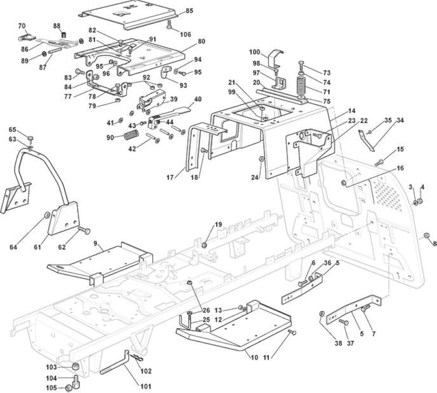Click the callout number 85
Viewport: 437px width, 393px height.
tap(190, 11)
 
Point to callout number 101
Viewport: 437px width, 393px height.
tap(146, 386)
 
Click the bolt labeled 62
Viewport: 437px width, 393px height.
tap(84, 230)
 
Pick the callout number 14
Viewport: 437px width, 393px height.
tap(352, 111)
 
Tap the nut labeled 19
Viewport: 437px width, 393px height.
tap(204, 245)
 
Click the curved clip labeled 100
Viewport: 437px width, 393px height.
tap(276, 58)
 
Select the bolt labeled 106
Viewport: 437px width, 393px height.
tap(170, 24)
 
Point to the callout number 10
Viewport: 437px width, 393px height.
tap(254, 357)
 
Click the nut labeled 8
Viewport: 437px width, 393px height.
tap(426, 235)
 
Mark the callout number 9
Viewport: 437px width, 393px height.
tap(95, 244)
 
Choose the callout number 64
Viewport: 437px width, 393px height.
tap(13, 247)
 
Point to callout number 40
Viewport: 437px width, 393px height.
tap(198, 99)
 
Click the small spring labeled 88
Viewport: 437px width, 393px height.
tap(64, 35)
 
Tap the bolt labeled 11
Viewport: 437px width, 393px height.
tap(292, 332)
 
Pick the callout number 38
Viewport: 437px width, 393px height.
tap(338, 343)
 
